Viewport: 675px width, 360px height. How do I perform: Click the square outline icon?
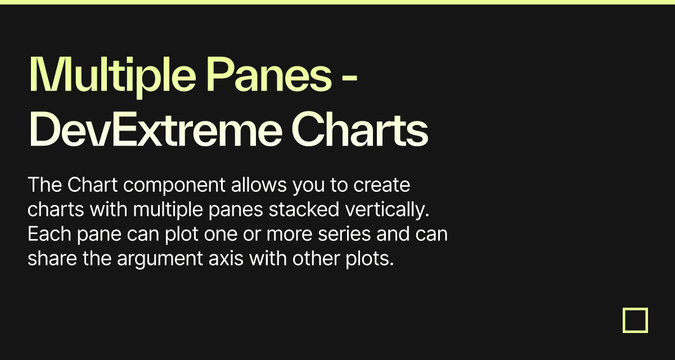[635, 320]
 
